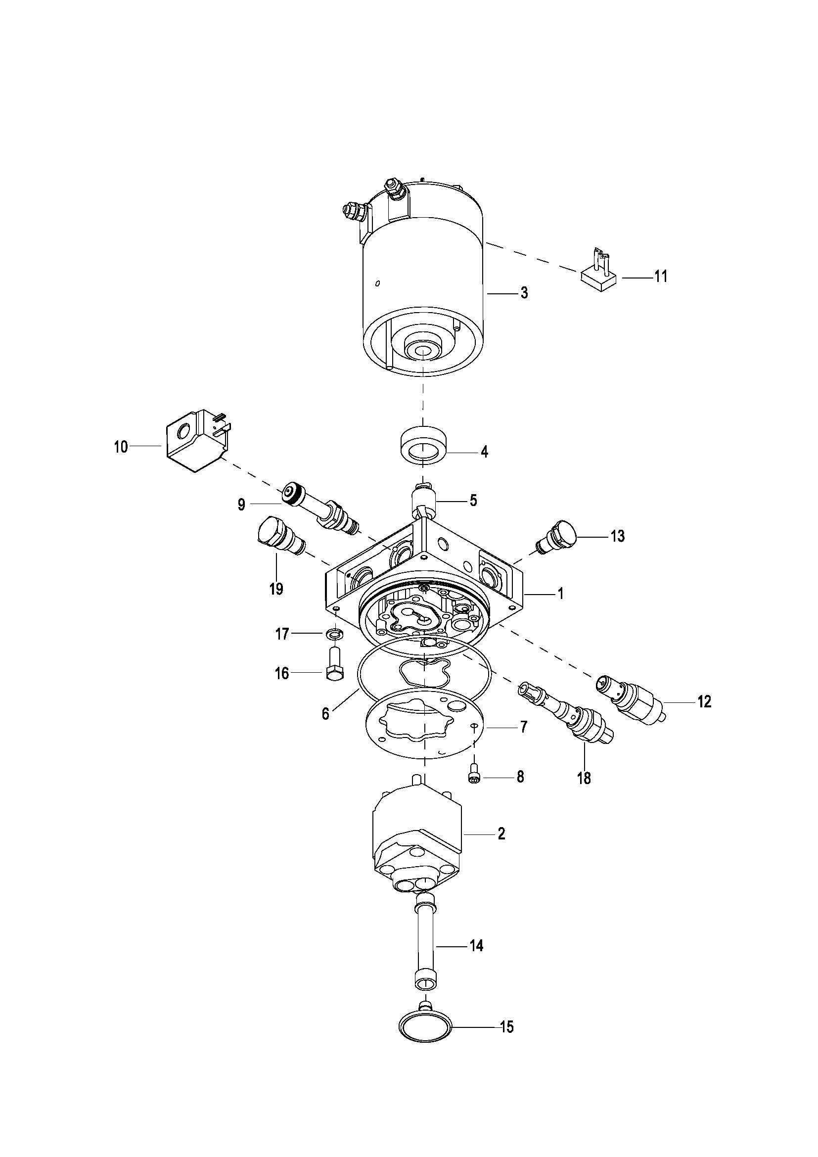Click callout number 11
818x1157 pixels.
pos(660,276)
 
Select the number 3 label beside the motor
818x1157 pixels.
pos(524,292)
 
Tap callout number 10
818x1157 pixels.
pos(121,447)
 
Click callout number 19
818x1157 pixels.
pos(276,588)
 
